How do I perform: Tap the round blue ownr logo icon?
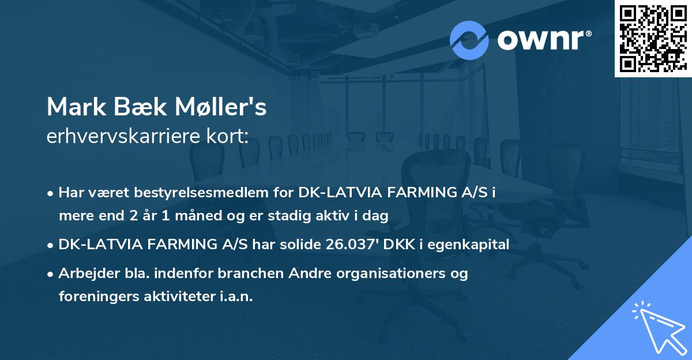tap(469, 40)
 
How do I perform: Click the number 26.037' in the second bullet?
tap(351, 245)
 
